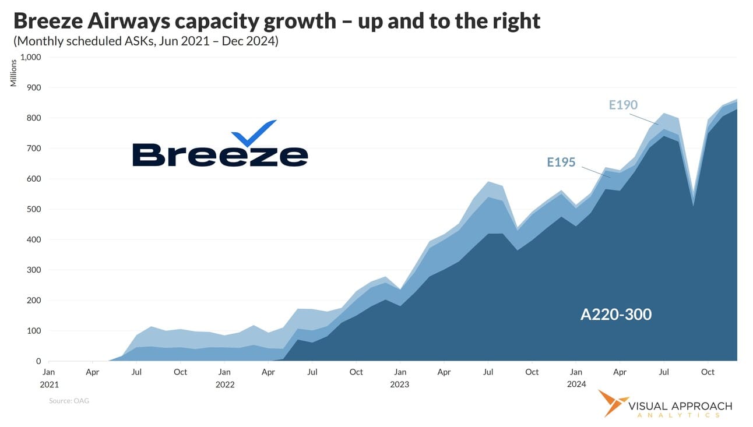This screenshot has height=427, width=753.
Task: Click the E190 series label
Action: click(623, 105)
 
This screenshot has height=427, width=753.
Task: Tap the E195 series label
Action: click(561, 163)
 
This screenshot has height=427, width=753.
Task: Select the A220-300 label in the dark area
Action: click(616, 315)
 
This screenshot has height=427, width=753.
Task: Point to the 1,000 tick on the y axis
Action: click(31, 57)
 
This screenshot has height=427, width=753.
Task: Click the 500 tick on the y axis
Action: click(34, 209)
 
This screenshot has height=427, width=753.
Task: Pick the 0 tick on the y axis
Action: click(38, 361)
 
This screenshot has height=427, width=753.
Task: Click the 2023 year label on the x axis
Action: click(399, 384)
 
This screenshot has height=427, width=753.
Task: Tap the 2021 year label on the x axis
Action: click(49, 384)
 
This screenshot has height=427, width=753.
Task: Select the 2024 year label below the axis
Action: click(576, 384)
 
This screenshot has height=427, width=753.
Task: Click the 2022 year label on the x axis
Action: click(224, 384)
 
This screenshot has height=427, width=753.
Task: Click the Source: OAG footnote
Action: click(69, 401)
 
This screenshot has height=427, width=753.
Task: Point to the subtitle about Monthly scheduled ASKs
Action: click(146, 42)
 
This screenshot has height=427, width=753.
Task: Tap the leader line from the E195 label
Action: click(596, 171)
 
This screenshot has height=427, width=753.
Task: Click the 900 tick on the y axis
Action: click(34, 87)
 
